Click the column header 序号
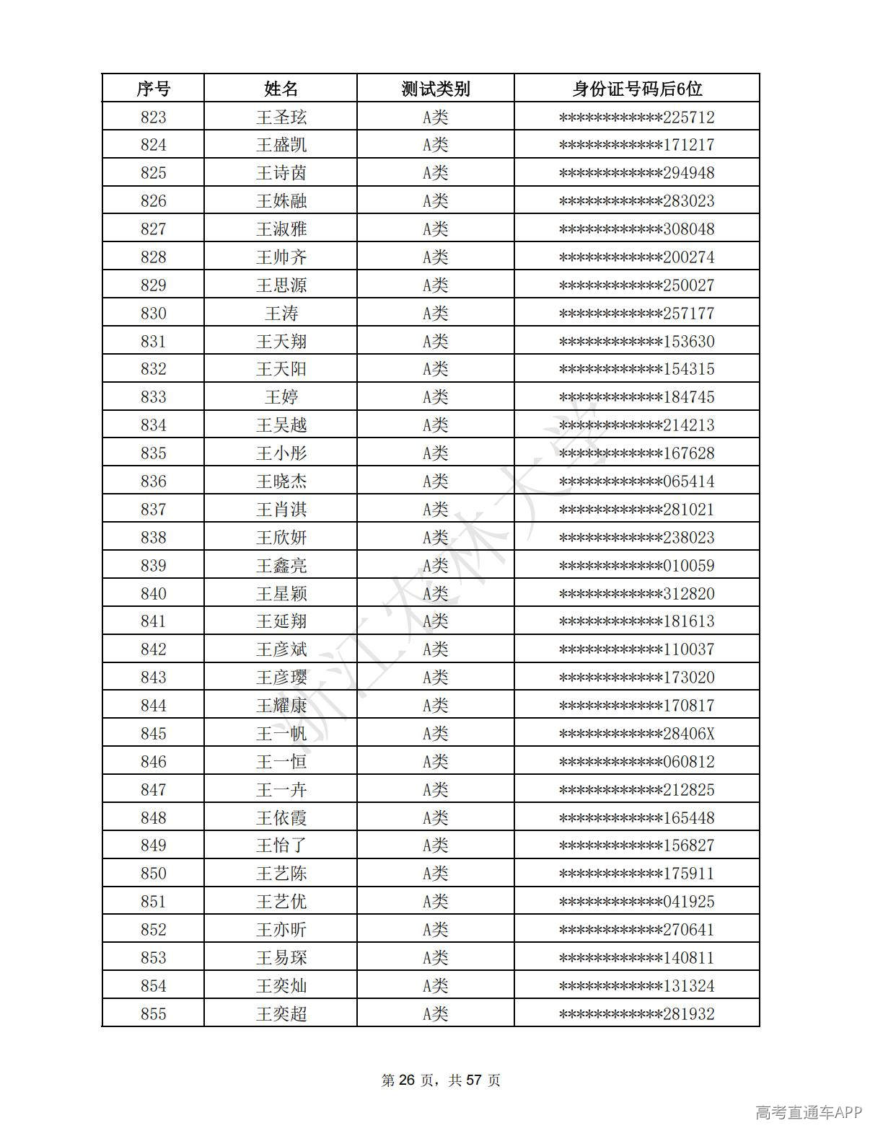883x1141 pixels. (153, 89)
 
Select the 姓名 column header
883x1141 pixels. (281, 89)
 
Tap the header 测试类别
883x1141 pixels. (435, 89)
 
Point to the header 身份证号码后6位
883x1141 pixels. (636, 89)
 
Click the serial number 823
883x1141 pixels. (153, 117)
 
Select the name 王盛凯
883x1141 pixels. (281, 145)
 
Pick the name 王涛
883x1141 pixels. (281, 314)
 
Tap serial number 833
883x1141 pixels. (153, 397)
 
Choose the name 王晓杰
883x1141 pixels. (281, 481)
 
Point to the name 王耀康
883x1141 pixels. (281, 706)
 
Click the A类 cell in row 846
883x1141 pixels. (435, 762)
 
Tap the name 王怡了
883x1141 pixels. (281, 845)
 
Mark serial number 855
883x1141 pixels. (153, 1014)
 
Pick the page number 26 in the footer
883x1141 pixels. (408, 1080)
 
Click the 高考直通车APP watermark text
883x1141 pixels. (809, 1113)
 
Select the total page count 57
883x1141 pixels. (474, 1080)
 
